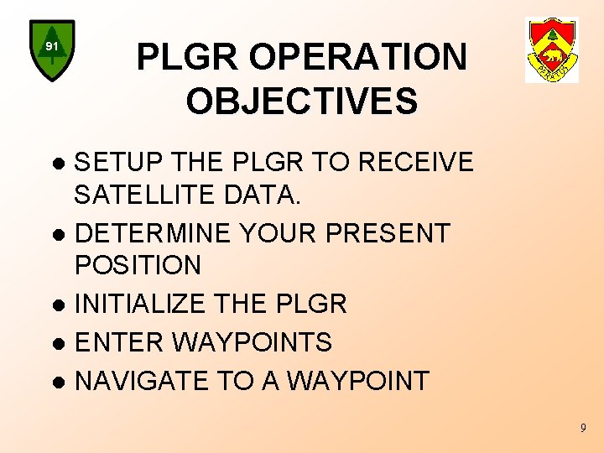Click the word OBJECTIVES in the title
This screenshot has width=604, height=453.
click(x=302, y=102)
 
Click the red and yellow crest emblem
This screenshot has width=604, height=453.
click(x=552, y=50)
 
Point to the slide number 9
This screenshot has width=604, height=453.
click(x=583, y=430)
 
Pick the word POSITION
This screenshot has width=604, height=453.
click(x=138, y=266)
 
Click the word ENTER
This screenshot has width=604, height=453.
click(x=120, y=342)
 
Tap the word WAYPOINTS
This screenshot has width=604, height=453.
click(x=253, y=342)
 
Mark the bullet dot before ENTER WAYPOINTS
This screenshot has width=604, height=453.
click(x=59, y=344)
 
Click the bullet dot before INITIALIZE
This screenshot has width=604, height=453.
click(x=59, y=305)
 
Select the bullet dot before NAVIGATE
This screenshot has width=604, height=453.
click(x=59, y=383)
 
